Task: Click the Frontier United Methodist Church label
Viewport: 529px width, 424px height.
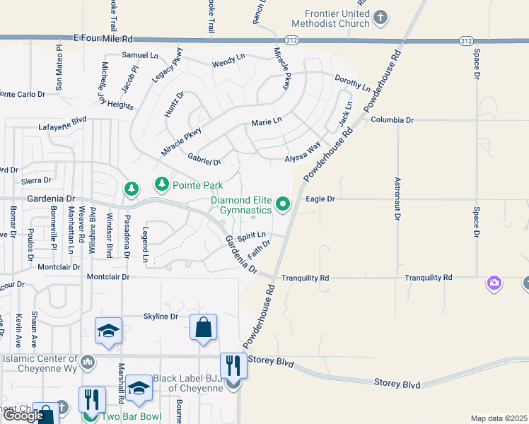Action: tap(327, 18)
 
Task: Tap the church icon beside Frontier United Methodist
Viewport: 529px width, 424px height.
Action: tap(380, 18)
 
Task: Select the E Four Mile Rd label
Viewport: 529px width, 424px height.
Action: tap(103, 39)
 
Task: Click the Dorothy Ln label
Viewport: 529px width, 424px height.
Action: tap(351, 83)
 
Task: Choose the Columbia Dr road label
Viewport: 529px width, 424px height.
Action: tap(392, 120)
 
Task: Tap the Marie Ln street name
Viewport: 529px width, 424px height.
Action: tap(267, 122)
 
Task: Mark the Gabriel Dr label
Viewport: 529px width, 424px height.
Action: tap(204, 159)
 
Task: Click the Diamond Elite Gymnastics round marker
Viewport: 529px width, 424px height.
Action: tap(284, 205)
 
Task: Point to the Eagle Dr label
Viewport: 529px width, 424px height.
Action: tap(320, 199)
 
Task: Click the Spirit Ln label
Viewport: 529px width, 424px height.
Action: tap(252, 235)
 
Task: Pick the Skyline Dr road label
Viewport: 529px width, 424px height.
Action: tap(161, 316)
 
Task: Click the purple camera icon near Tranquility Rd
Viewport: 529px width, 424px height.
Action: tap(494, 283)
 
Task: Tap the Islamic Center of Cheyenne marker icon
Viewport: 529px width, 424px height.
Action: tap(88, 362)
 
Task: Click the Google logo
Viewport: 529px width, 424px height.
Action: tap(23, 416)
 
